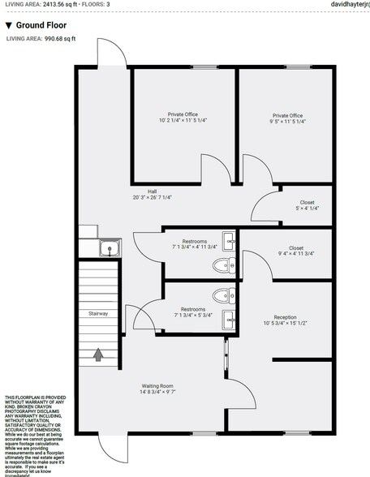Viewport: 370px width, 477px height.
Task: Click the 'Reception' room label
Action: (285, 317)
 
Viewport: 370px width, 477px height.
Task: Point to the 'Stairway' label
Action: (98, 313)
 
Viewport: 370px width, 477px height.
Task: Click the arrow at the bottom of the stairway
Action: (98, 354)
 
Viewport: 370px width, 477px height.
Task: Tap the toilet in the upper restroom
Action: (221, 264)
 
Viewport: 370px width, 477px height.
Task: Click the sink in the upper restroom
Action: (230, 241)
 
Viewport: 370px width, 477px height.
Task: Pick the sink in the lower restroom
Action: (230, 316)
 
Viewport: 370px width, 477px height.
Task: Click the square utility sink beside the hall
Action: (106, 247)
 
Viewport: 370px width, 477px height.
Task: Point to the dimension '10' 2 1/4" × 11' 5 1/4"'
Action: (183, 121)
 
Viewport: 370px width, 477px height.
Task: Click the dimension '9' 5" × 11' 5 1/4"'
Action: (288, 121)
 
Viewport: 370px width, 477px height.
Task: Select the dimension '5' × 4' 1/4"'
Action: (307, 208)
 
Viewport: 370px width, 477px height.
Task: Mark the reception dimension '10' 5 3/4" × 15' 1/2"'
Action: (285, 324)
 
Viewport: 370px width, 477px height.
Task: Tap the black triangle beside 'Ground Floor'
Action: (8, 25)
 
